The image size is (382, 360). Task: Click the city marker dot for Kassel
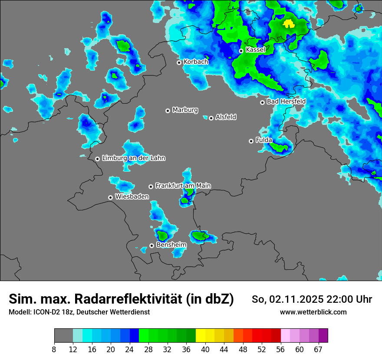pyautogui.click(x=241, y=51)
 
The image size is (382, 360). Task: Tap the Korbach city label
pyautogui.click(x=196, y=62)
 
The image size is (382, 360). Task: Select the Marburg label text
pyautogui.click(x=185, y=110)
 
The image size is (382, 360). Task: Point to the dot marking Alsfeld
pyautogui.click(x=211, y=118)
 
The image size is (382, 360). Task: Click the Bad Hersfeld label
pyautogui.click(x=286, y=101)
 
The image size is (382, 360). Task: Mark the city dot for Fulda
pyautogui.click(x=251, y=141)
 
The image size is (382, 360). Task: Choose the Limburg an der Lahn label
pyautogui.click(x=133, y=158)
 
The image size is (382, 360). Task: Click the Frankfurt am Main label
pyautogui.click(x=183, y=186)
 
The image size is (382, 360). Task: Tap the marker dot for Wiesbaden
pyautogui.click(x=110, y=197)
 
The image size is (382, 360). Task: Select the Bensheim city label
pyautogui.click(x=171, y=245)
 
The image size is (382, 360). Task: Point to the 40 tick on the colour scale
pyautogui.click(x=205, y=349)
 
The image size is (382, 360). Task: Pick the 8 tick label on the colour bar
pyautogui.click(x=54, y=349)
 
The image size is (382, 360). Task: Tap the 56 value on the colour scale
pyautogui.click(x=281, y=349)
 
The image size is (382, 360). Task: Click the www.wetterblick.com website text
pyautogui.click(x=313, y=312)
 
